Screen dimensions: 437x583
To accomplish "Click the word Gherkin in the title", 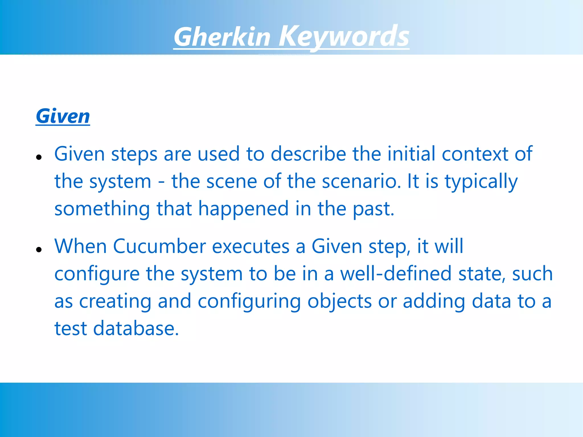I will (222, 37).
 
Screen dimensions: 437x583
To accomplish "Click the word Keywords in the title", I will (344, 37).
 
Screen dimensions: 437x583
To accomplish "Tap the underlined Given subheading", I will (63, 116).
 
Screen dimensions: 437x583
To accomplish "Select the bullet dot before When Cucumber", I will (39, 250).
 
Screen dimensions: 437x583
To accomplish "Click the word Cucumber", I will (159, 246).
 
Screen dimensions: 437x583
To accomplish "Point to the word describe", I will (308, 154).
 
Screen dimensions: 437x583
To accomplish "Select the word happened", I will (243, 209).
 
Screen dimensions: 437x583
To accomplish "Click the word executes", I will (251, 246).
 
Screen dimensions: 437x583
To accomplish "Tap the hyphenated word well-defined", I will (396, 273).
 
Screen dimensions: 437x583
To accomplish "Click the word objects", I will (339, 301).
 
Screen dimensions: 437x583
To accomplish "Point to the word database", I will (136, 328).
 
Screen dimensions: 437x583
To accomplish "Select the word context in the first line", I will (475, 154).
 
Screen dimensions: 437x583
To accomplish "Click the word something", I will (102, 209).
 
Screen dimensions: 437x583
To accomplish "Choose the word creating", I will (115, 301).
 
